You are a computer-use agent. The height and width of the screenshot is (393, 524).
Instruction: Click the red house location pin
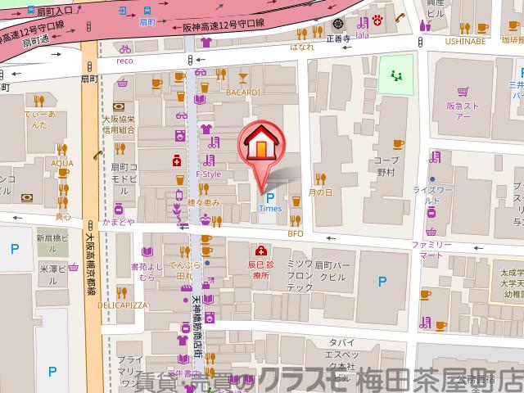(259, 146)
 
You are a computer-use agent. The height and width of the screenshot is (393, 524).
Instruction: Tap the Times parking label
(270, 208)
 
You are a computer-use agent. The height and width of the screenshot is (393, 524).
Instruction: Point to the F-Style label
(209, 174)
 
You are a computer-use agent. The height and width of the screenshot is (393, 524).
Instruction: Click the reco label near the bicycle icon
(124, 61)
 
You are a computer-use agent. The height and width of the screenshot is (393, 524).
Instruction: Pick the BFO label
(296, 234)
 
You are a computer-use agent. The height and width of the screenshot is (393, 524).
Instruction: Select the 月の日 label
(321, 192)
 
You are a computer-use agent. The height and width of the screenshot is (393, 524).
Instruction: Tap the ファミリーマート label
(431, 250)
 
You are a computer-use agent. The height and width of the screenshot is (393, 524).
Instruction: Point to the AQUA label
(62, 163)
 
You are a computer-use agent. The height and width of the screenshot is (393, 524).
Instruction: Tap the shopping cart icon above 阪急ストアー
(462, 93)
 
